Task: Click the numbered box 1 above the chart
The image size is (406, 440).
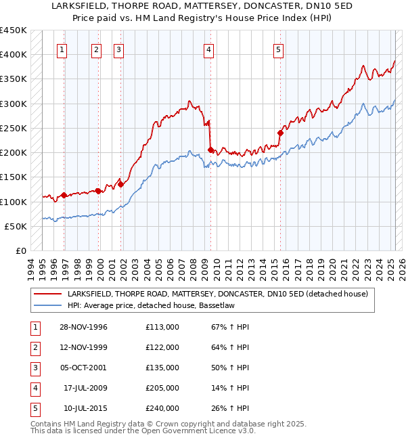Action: (62, 49)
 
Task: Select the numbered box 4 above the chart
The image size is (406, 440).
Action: (209, 49)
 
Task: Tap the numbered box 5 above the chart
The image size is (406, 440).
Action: (279, 49)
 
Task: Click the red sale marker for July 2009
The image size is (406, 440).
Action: (210, 150)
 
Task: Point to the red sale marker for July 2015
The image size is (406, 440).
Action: (280, 133)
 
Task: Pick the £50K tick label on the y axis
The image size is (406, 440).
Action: (16, 226)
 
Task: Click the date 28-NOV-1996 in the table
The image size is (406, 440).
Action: (84, 327)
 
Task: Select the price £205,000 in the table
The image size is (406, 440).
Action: (162, 388)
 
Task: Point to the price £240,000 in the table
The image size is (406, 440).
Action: (162, 408)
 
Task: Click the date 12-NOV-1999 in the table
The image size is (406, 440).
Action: (84, 347)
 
